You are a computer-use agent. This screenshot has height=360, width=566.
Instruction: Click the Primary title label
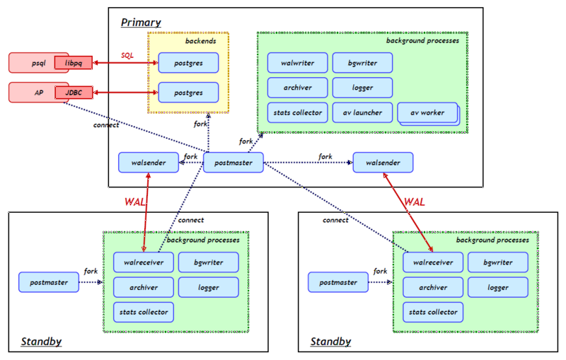(x=141, y=23)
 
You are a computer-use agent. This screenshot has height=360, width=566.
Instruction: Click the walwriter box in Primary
(x=297, y=63)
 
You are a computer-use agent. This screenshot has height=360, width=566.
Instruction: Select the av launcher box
(x=362, y=112)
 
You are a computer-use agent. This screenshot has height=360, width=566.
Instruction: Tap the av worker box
(x=427, y=113)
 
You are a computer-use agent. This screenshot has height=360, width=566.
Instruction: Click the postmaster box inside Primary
(x=233, y=163)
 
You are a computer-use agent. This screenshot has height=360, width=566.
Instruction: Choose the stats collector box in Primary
(x=297, y=112)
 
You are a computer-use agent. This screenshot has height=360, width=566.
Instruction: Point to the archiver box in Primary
(x=297, y=88)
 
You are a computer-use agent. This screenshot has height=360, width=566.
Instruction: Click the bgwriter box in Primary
(x=362, y=63)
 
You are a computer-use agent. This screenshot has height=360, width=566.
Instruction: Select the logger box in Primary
(x=362, y=88)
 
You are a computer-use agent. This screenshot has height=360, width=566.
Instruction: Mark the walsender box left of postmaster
(x=149, y=163)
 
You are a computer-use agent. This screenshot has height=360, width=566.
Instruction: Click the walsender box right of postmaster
(x=383, y=163)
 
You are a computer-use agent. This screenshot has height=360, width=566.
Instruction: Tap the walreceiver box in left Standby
(x=144, y=262)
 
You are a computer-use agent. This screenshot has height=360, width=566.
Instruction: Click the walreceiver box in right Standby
(x=433, y=262)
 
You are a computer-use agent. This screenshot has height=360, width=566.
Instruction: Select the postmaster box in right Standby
(x=337, y=282)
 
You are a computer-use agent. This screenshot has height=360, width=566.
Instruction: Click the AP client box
(x=37, y=92)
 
